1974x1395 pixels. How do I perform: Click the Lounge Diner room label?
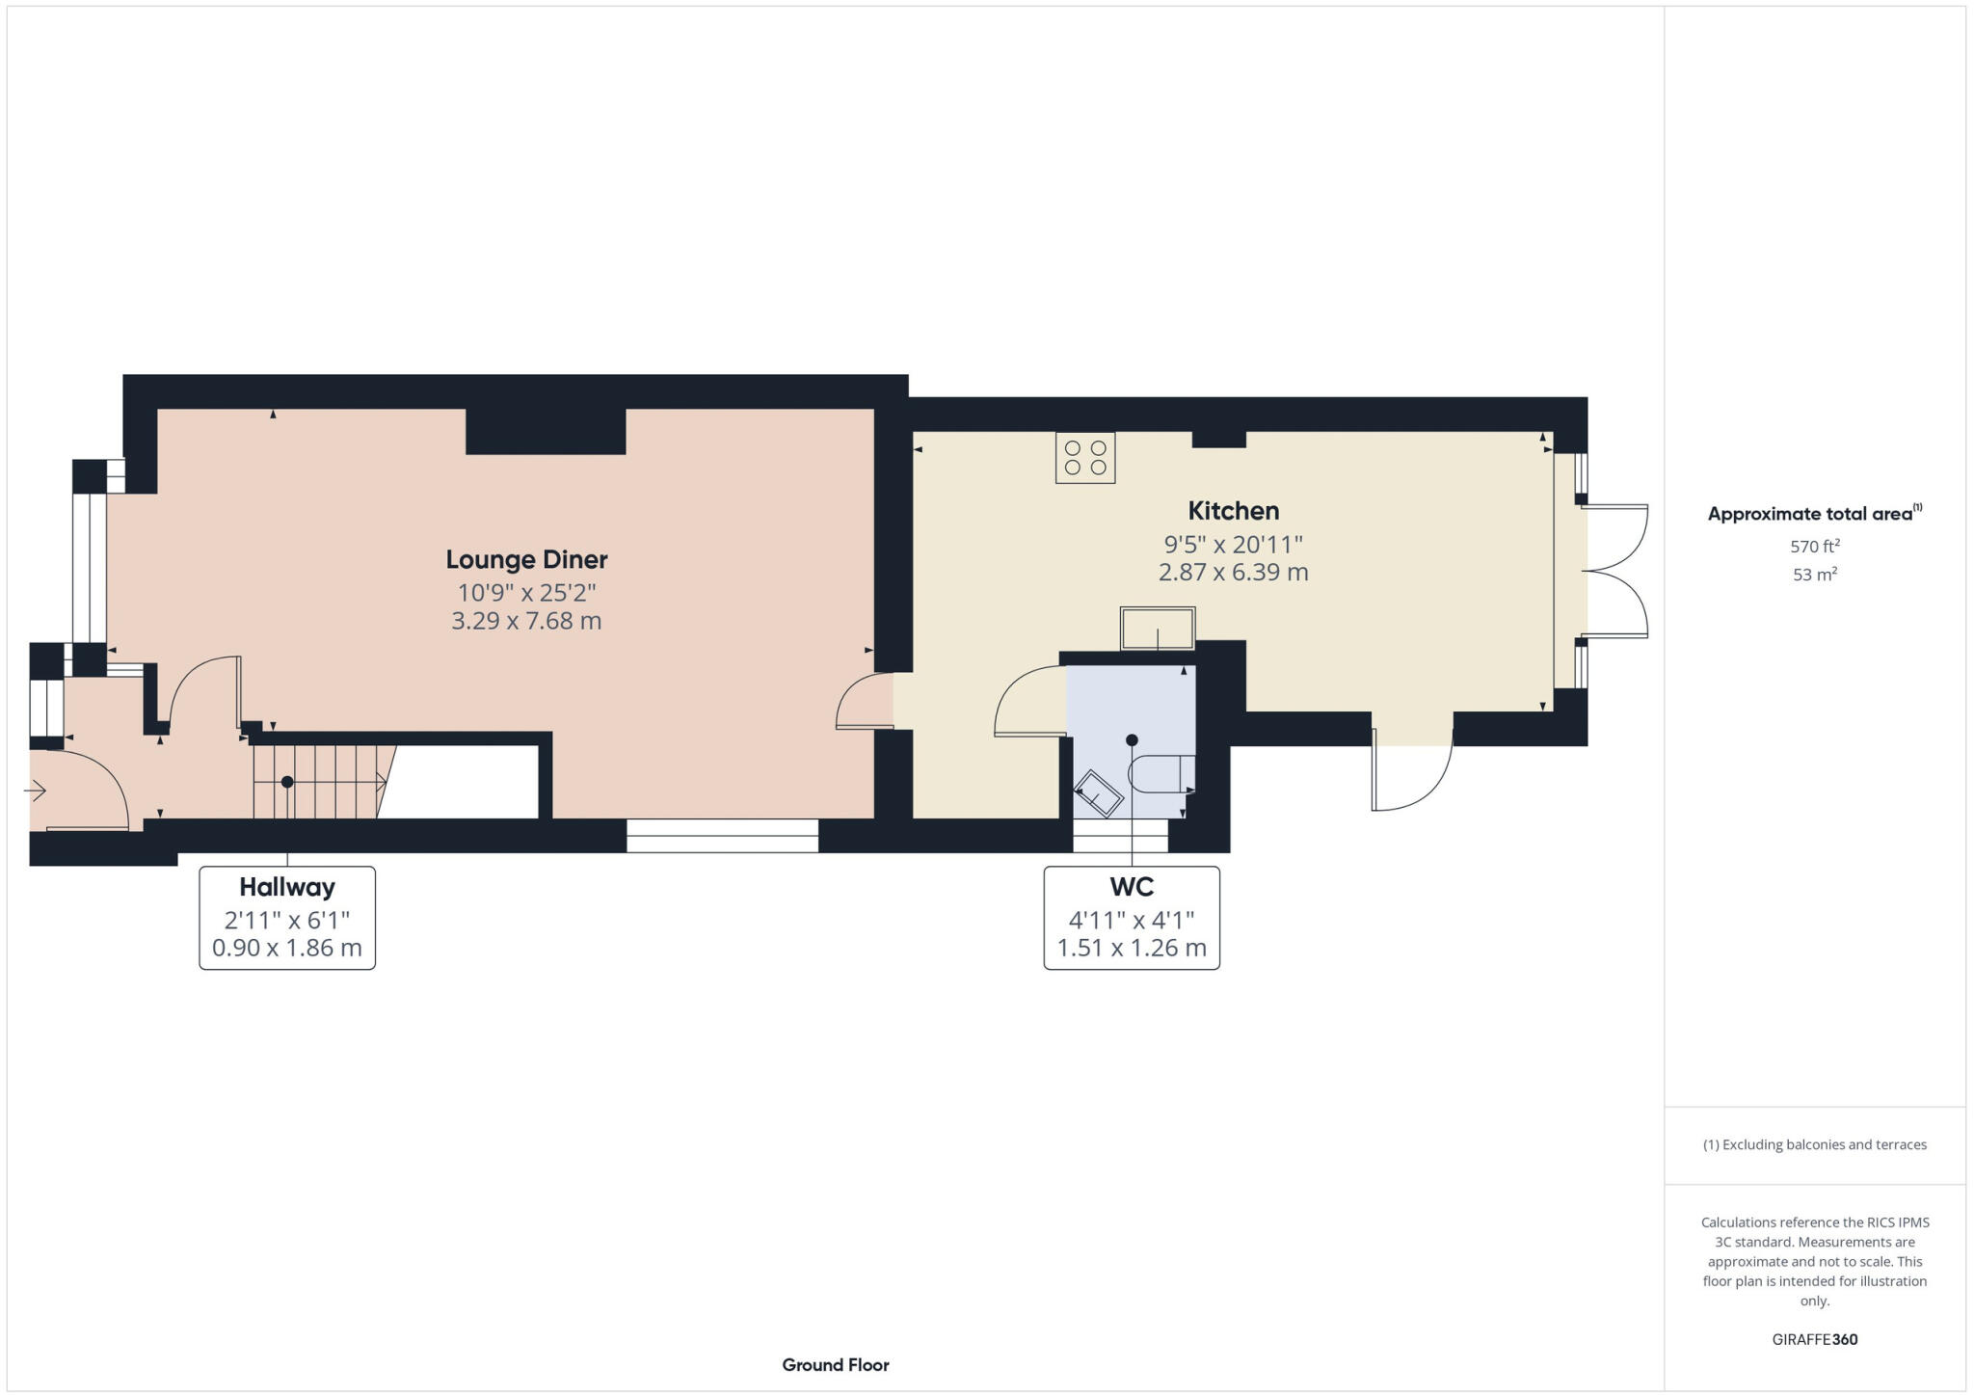tap(526, 559)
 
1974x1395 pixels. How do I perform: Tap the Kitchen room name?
tap(1233, 511)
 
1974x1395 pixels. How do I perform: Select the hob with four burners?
tap(1084, 457)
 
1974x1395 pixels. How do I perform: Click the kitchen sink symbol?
tap(1157, 629)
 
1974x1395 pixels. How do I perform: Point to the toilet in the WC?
tap(1162, 773)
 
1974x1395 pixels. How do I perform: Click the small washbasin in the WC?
tap(1098, 794)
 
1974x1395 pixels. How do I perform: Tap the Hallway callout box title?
tap(287, 887)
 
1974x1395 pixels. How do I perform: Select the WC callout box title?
tap(1131, 887)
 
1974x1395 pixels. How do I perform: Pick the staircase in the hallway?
tap(318, 781)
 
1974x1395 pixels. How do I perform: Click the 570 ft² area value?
tap(1814, 546)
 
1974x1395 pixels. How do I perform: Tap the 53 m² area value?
tap(1814, 575)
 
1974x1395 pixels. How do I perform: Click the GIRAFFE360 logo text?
tap(1814, 1339)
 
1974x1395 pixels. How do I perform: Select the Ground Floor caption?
tap(835, 1364)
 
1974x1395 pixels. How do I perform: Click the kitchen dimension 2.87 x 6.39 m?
tap(1233, 573)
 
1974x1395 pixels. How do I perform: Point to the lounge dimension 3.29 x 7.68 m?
tap(526, 621)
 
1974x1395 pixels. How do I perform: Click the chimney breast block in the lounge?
tap(546, 431)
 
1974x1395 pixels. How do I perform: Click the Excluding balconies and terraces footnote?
tap(1814, 1144)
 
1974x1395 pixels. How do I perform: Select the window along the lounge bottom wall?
tap(722, 836)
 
